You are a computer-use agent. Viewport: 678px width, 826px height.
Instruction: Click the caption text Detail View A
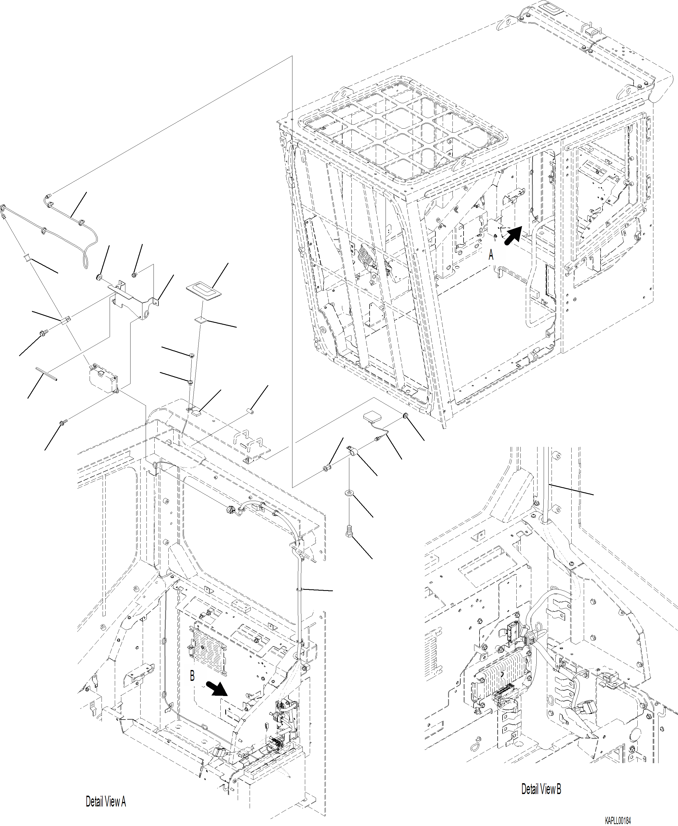(x=106, y=802)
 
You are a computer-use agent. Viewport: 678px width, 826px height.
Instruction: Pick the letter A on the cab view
(x=491, y=255)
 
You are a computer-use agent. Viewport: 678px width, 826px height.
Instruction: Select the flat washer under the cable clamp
(x=349, y=493)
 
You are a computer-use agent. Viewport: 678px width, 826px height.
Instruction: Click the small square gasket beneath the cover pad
(x=200, y=320)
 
